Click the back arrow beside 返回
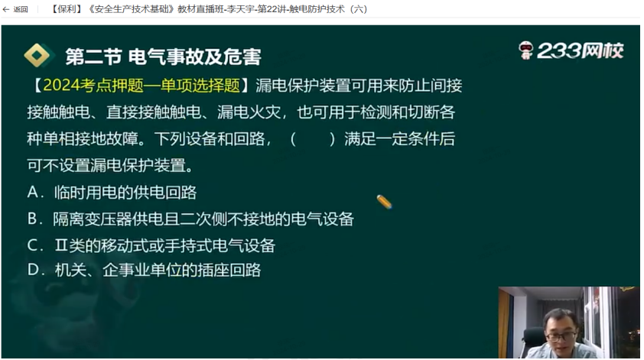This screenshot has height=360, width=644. click(x=6, y=9)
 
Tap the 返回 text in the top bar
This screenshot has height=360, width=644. click(x=21, y=9)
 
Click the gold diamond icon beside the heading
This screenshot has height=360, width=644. click(x=37, y=55)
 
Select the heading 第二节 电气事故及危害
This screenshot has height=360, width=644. click(x=163, y=57)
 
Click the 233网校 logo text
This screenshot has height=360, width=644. click(x=580, y=51)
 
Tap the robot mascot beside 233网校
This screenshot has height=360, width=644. click(x=525, y=50)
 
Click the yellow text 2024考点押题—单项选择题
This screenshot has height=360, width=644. click(x=141, y=86)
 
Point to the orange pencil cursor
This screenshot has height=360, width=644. click(x=384, y=202)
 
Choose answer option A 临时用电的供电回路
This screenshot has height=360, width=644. click(x=112, y=192)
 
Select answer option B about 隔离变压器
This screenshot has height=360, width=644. click(x=190, y=219)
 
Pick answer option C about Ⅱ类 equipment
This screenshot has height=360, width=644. click(x=151, y=245)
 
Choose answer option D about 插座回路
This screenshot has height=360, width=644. click(x=144, y=270)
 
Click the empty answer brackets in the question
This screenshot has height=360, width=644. click(x=313, y=139)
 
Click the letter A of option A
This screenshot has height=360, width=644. click(x=32, y=192)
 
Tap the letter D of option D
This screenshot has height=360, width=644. click(x=32, y=270)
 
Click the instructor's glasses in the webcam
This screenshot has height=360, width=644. click(x=561, y=336)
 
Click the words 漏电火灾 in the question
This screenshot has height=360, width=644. click(x=249, y=112)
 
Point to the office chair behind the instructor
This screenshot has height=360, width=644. click(x=532, y=342)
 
